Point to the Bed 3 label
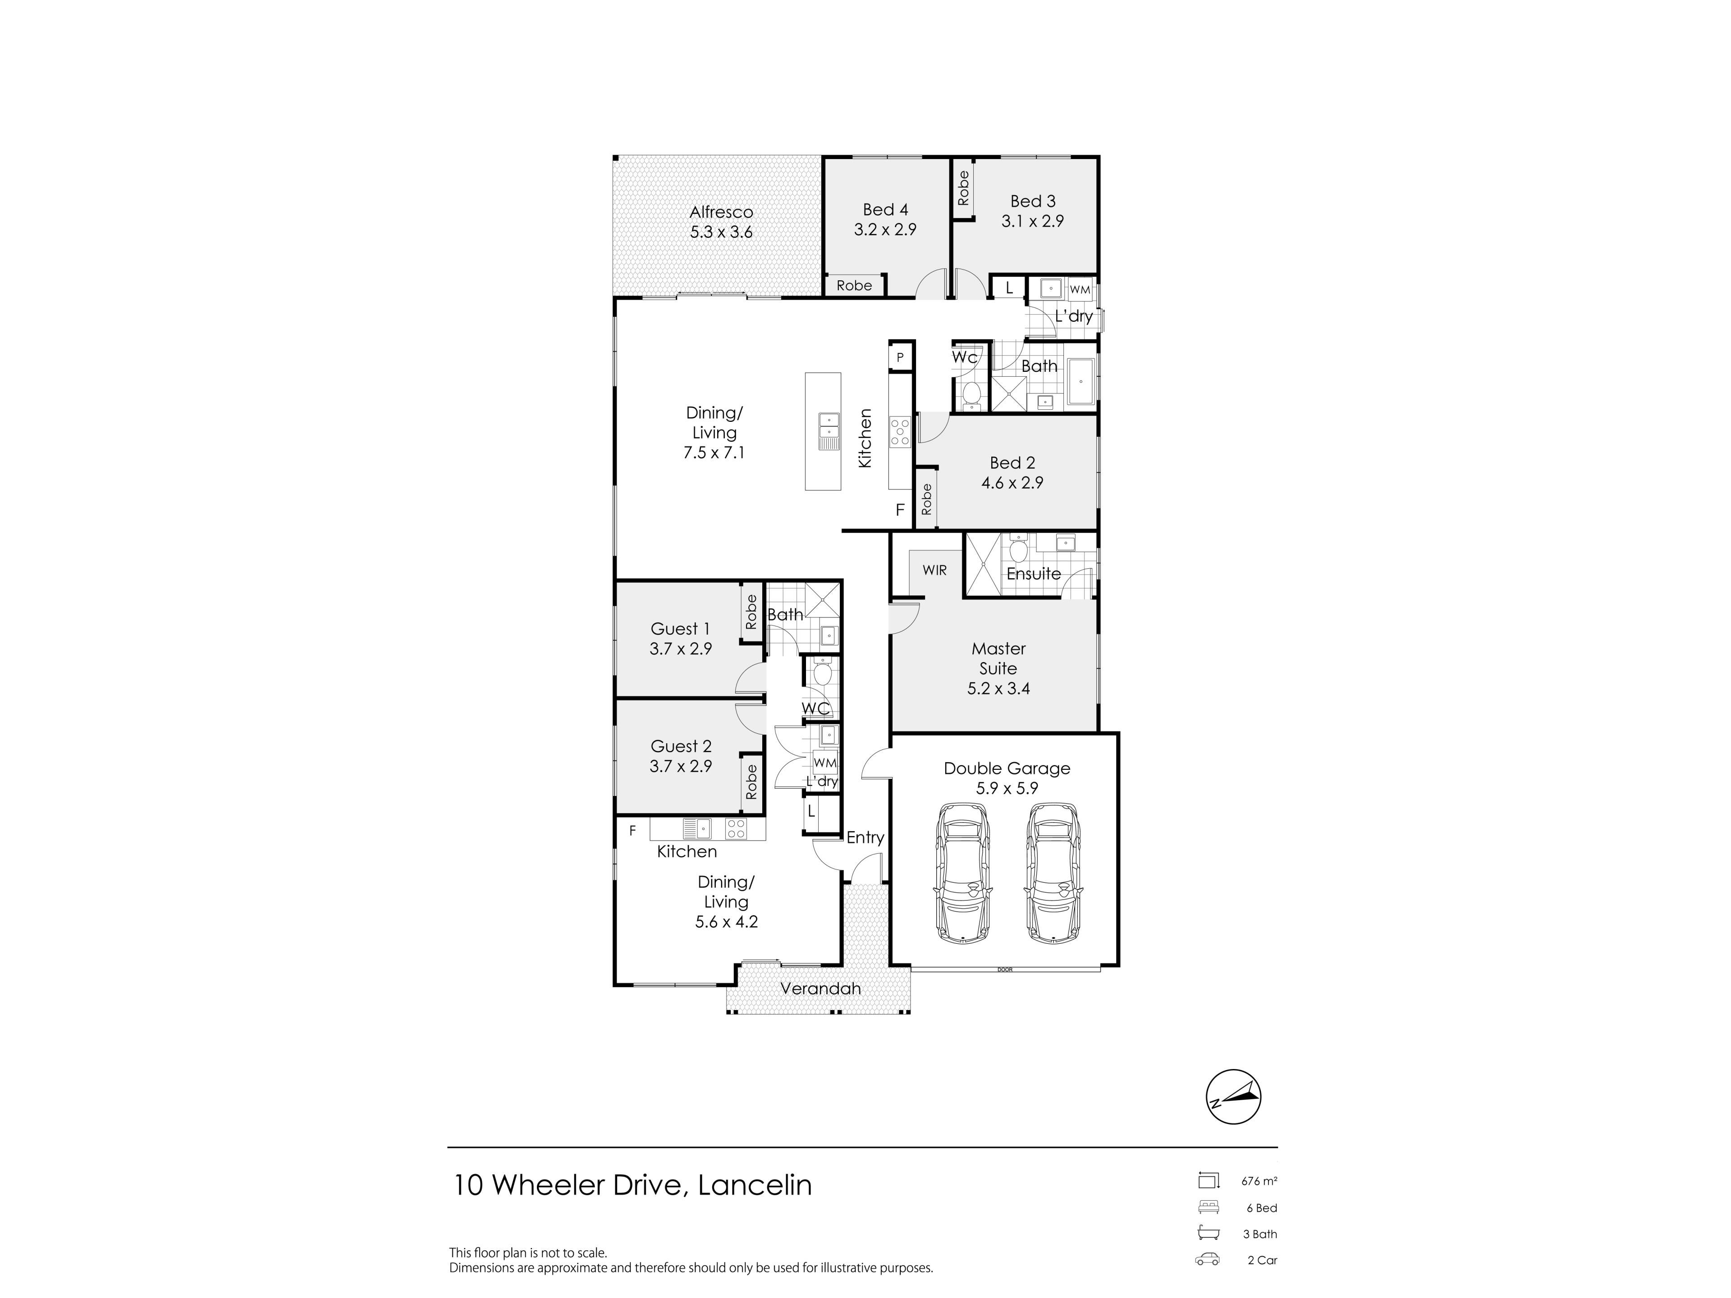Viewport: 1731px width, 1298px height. (x=1033, y=201)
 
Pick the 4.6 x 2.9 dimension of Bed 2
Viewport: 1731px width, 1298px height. (x=1012, y=483)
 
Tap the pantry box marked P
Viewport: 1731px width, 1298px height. (x=901, y=357)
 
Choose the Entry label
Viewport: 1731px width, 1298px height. (x=865, y=838)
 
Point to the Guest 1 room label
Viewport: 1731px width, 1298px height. (x=681, y=629)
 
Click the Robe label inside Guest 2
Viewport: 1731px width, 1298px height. (x=752, y=782)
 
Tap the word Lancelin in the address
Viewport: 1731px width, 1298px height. (x=754, y=1185)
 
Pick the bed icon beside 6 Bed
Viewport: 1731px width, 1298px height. (x=1208, y=1207)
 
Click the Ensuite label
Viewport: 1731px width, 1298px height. (x=1034, y=573)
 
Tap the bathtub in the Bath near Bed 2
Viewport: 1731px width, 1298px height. (x=1081, y=381)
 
